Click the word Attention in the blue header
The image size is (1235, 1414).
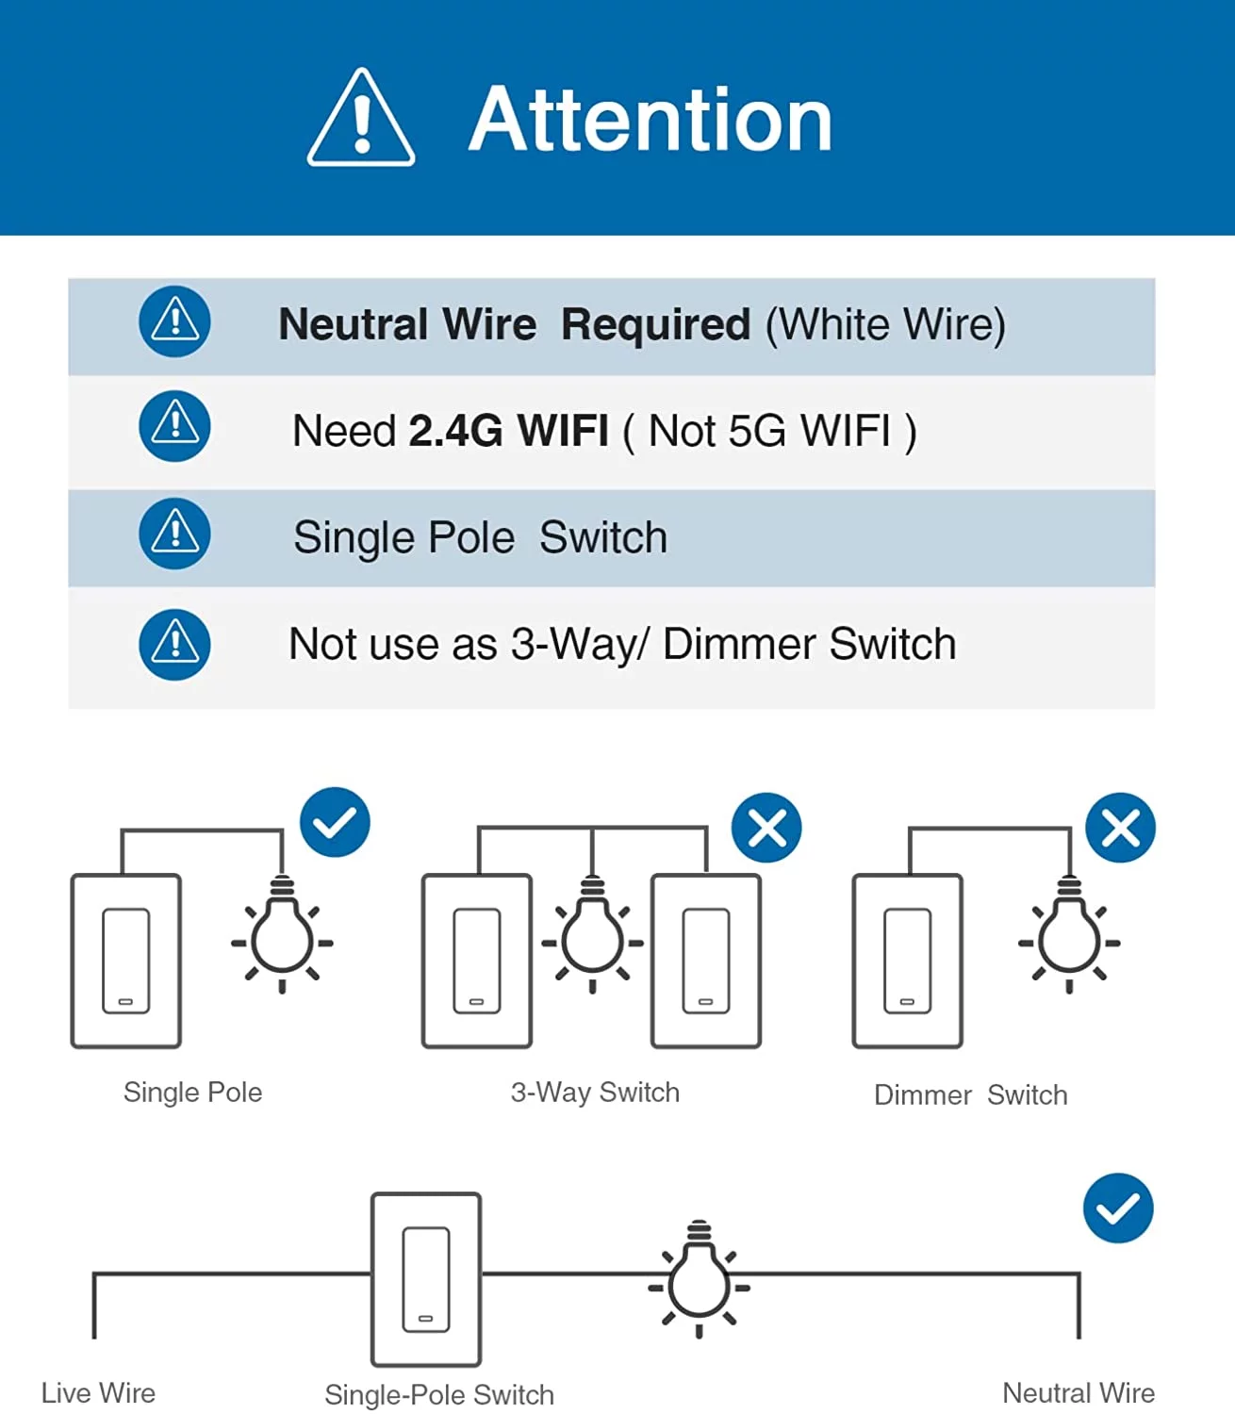[x=650, y=119]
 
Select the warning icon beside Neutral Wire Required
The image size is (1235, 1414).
[x=174, y=321]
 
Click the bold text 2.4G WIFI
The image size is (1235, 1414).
[x=508, y=431]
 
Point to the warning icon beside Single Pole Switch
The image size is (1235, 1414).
[x=174, y=534]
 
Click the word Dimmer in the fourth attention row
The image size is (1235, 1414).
[x=739, y=645]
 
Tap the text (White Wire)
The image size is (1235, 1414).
[x=885, y=324]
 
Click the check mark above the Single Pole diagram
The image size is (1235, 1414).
[x=335, y=822]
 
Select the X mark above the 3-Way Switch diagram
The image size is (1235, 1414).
[x=766, y=828]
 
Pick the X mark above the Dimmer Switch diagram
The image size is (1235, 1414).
[x=1120, y=828]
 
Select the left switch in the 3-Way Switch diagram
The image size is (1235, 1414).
[x=477, y=961]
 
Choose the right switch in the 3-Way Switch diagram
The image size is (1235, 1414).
[x=706, y=961]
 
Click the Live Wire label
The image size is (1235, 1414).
[x=98, y=1393]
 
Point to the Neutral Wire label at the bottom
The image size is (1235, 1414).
[x=1079, y=1393]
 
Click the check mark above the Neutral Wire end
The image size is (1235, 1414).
[x=1118, y=1208]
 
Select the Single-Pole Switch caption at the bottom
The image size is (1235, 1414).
[x=439, y=1395]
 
